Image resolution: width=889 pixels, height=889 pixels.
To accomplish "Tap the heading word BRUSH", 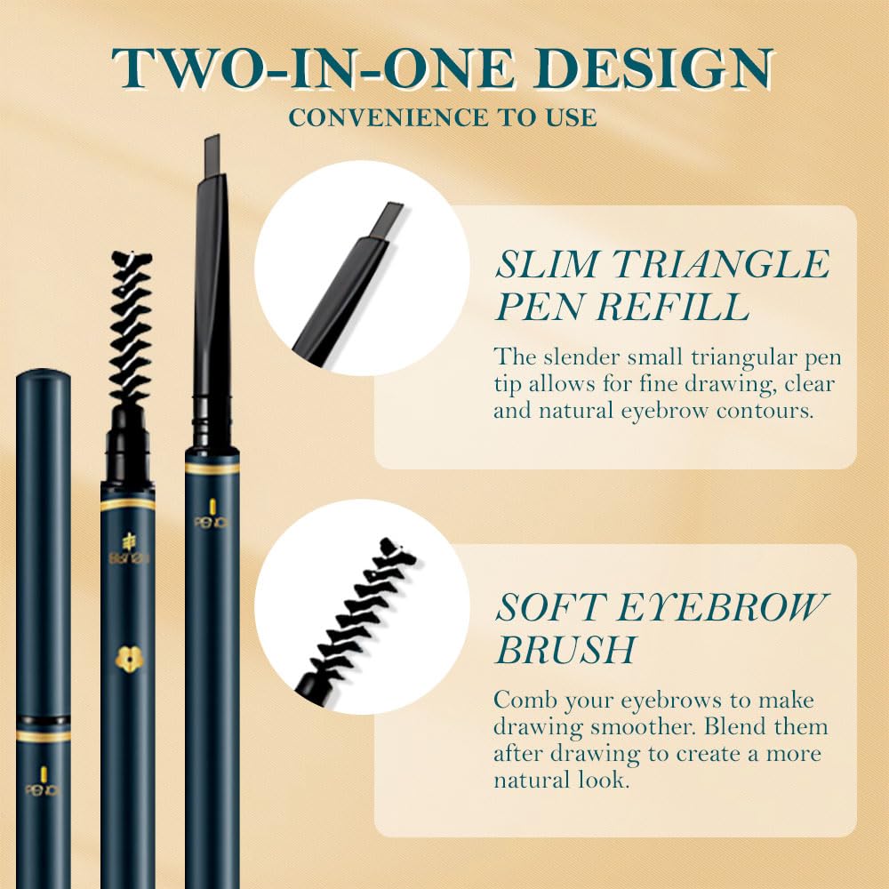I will [565, 650].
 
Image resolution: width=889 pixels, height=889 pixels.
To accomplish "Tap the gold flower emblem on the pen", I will [127, 658].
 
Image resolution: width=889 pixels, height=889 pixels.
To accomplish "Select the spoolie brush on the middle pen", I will [130, 329].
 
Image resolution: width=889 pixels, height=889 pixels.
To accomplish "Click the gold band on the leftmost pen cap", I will [43, 736].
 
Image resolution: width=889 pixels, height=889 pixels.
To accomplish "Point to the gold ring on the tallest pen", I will [212, 466].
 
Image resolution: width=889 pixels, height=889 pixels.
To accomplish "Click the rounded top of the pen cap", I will [43, 377].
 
